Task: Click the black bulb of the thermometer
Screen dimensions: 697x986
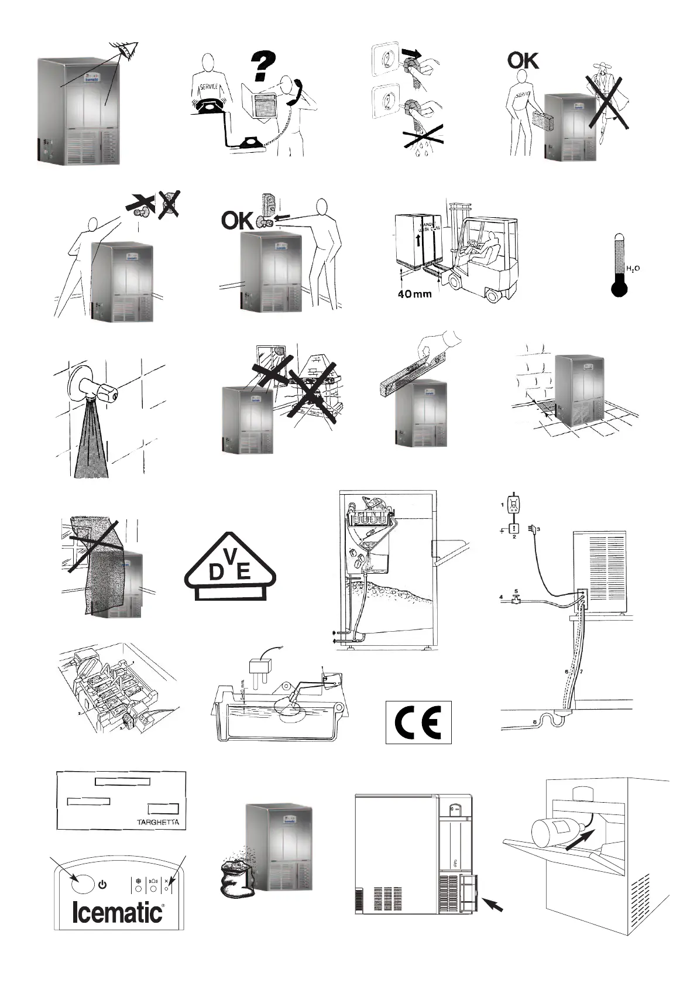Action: tap(619, 289)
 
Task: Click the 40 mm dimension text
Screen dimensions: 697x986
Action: tap(414, 293)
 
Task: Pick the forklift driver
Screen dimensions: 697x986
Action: tap(487, 247)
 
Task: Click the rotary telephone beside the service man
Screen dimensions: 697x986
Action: tap(207, 107)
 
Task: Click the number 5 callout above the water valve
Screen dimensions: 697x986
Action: tap(516, 591)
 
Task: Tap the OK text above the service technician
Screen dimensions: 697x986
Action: tap(523, 60)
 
